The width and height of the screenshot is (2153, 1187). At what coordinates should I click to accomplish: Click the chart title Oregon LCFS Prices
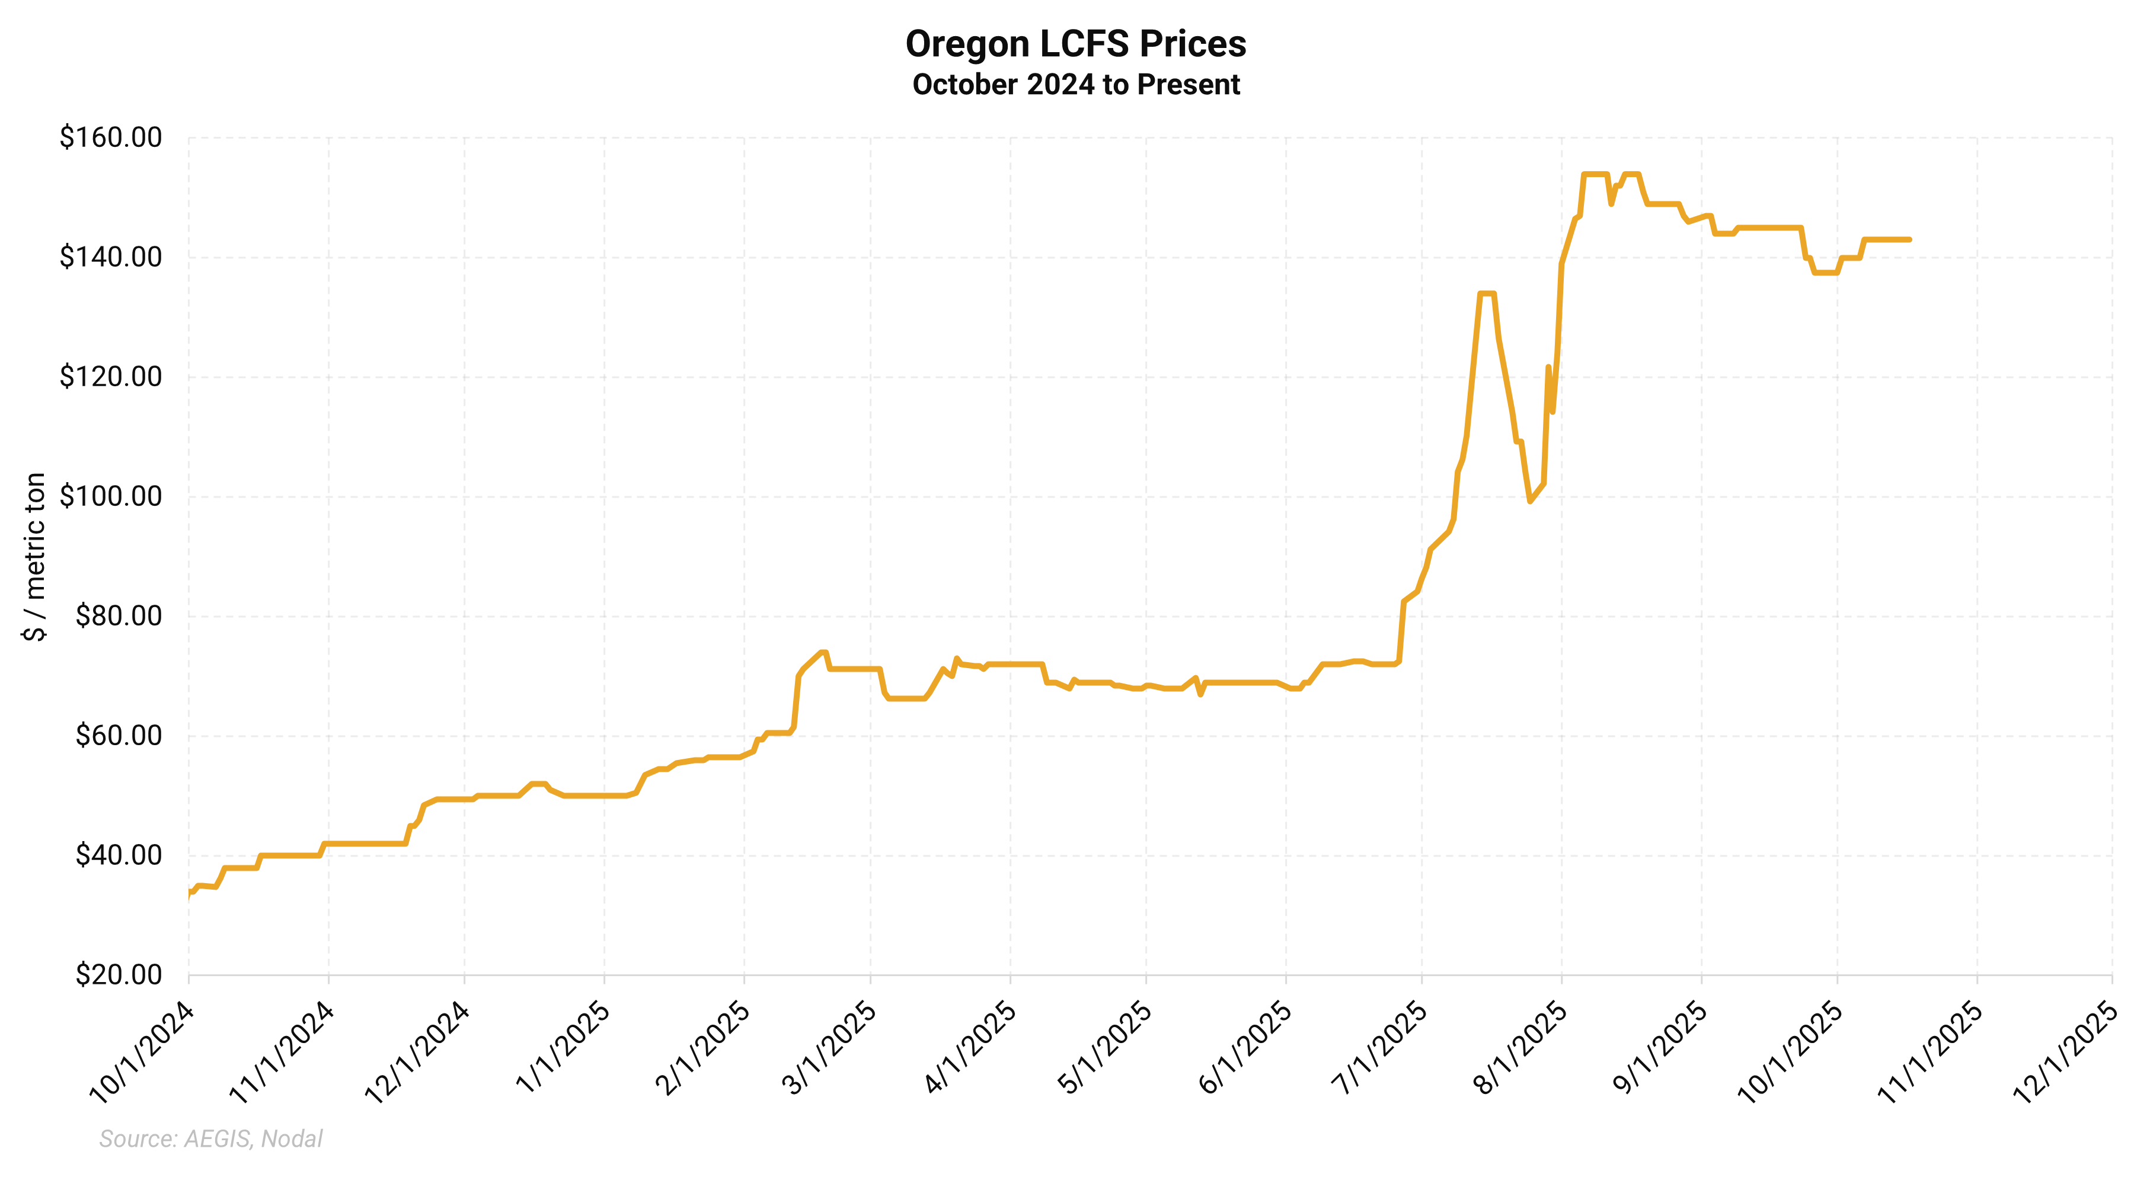pos(1076,44)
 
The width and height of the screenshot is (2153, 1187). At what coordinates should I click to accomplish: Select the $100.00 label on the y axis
pos(110,497)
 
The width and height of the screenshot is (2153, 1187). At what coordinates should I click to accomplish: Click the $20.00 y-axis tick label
pos(118,975)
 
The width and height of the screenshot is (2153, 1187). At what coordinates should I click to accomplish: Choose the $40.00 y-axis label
pos(118,855)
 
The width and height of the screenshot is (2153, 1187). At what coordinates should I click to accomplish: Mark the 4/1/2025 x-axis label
pos(970,1048)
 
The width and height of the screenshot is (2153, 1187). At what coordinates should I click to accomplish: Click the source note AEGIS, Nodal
pos(210,1138)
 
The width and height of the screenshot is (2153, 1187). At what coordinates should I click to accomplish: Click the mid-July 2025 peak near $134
pos(1487,294)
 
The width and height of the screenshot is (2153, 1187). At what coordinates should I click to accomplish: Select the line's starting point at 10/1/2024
pos(190,893)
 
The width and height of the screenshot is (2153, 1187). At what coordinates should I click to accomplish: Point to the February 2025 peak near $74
pos(823,652)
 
